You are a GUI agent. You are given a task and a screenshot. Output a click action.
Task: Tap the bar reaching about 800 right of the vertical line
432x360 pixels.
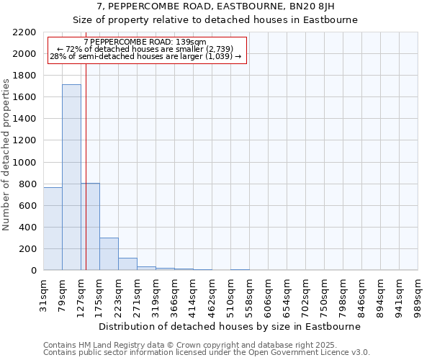click(91, 227)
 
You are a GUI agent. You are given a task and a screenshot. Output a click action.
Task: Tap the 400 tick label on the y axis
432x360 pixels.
click(27, 228)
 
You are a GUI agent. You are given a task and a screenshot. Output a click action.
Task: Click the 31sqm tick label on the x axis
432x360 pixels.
click(44, 292)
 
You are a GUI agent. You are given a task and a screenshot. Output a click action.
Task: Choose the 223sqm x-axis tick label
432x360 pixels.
click(118, 292)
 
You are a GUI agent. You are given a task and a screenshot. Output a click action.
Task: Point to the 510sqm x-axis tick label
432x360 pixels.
click(230, 292)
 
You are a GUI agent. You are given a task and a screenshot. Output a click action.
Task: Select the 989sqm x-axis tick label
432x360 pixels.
click(418, 292)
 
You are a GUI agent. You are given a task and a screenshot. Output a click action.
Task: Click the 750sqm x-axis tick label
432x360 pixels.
click(324, 292)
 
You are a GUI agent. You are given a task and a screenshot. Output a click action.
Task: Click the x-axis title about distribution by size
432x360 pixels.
click(229, 326)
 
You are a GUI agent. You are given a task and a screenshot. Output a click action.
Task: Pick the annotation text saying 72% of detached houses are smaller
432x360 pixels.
click(147, 49)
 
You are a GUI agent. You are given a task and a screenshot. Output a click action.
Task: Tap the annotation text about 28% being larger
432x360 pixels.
click(145, 56)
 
